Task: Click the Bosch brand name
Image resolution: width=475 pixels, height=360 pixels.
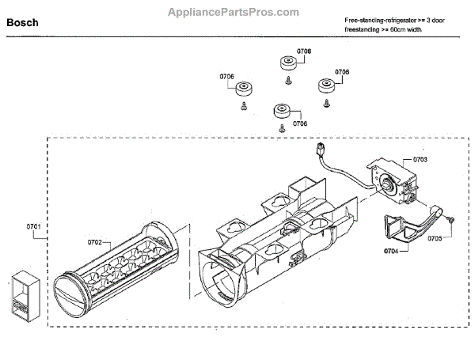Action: click(23, 23)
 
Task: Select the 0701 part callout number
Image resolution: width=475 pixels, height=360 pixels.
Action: click(33, 226)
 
